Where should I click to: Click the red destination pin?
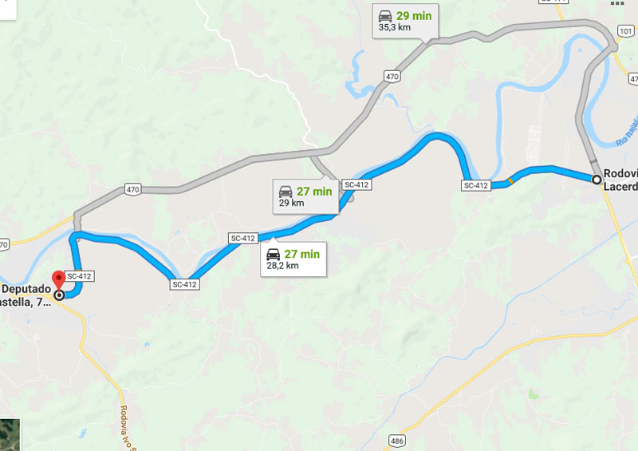(58, 282)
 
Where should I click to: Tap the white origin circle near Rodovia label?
(596, 179)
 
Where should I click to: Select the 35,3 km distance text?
(394, 27)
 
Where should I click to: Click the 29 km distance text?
(291, 203)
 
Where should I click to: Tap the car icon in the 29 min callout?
(385, 15)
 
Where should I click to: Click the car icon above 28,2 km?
(274, 255)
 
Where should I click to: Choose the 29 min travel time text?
(414, 15)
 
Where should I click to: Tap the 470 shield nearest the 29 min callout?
(391, 77)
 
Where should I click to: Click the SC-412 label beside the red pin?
(80, 276)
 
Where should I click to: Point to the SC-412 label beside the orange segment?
(475, 185)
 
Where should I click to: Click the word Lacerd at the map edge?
(621, 186)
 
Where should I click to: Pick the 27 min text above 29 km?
(313, 191)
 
